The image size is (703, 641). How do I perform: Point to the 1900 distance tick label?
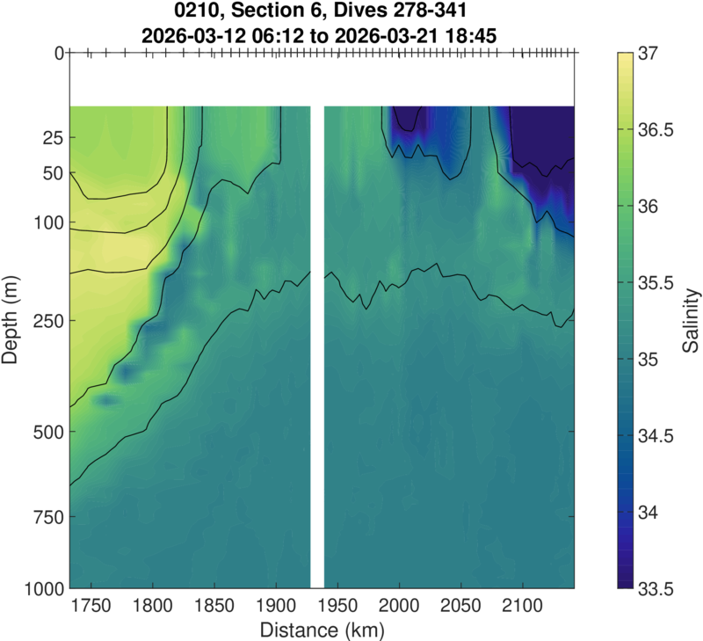276,607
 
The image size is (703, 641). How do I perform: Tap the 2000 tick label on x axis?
400,607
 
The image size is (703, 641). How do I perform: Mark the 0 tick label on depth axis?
58,54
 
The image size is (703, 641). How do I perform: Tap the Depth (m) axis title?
12,320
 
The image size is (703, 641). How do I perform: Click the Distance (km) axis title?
322,630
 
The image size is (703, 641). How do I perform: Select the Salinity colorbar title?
692,320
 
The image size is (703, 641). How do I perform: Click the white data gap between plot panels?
318,352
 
